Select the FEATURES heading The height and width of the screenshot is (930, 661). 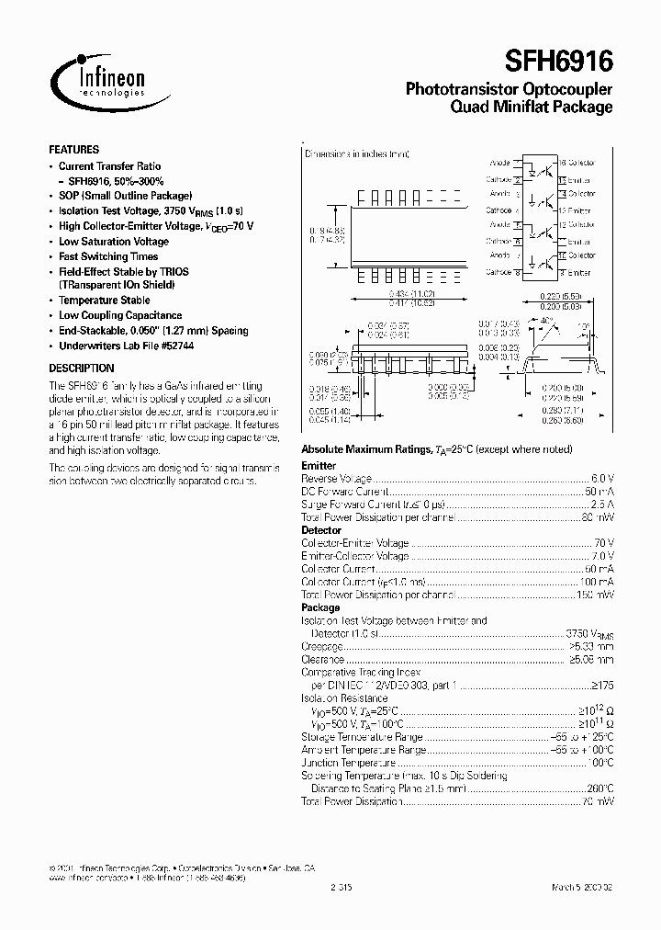point(73,149)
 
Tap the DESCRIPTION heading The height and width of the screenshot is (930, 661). point(82,368)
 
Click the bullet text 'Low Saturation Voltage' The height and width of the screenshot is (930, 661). point(114,242)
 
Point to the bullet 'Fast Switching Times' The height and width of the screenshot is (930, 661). point(108,256)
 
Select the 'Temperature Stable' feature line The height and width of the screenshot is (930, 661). point(105,301)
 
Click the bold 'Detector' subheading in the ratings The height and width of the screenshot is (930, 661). point(321,530)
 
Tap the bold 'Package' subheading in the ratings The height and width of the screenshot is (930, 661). point(320,607)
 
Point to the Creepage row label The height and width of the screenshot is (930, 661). point(322,646)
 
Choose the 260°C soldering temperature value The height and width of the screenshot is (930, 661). point(599,788)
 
